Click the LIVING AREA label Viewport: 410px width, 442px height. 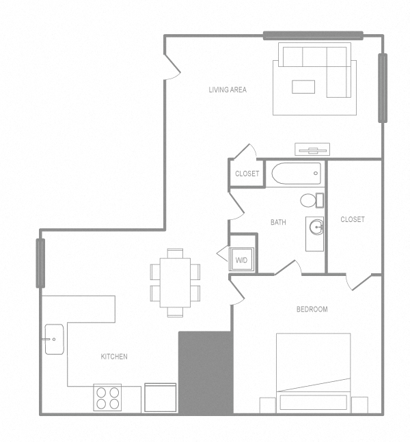228,89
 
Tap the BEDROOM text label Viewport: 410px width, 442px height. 312,309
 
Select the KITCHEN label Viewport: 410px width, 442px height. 114,357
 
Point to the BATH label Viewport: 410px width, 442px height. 278,222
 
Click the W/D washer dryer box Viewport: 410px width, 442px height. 242,260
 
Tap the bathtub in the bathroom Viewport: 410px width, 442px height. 296,174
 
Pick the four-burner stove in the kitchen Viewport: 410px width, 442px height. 107,398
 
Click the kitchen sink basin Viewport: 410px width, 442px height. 55,340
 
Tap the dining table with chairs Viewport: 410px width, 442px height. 176,282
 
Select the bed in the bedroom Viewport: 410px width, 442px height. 313,372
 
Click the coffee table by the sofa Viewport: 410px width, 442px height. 303,86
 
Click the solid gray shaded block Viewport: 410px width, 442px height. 205,372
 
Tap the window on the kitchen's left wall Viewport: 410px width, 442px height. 40,262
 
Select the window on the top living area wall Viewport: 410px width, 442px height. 313,36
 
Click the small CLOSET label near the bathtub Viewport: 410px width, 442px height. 247,174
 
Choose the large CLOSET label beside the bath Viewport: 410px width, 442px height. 353,219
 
